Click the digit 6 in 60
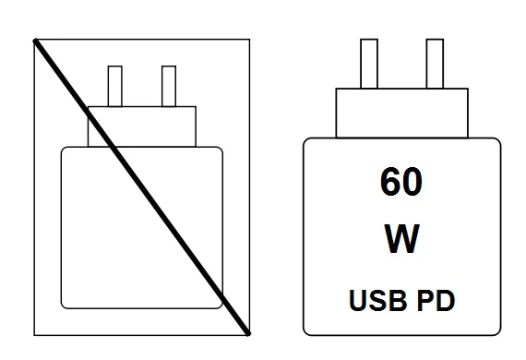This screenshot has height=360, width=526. tap(388, 183)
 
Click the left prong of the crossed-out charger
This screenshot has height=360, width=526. tap(115, 86)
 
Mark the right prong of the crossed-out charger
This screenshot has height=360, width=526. tap(168, 86)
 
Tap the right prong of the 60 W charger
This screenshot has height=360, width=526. tap(434, 64)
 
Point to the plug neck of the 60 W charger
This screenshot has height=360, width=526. tap(400, 112)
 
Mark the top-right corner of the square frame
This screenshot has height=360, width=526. tap(249, 40)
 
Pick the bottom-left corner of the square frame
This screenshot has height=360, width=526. tap(34, 333)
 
